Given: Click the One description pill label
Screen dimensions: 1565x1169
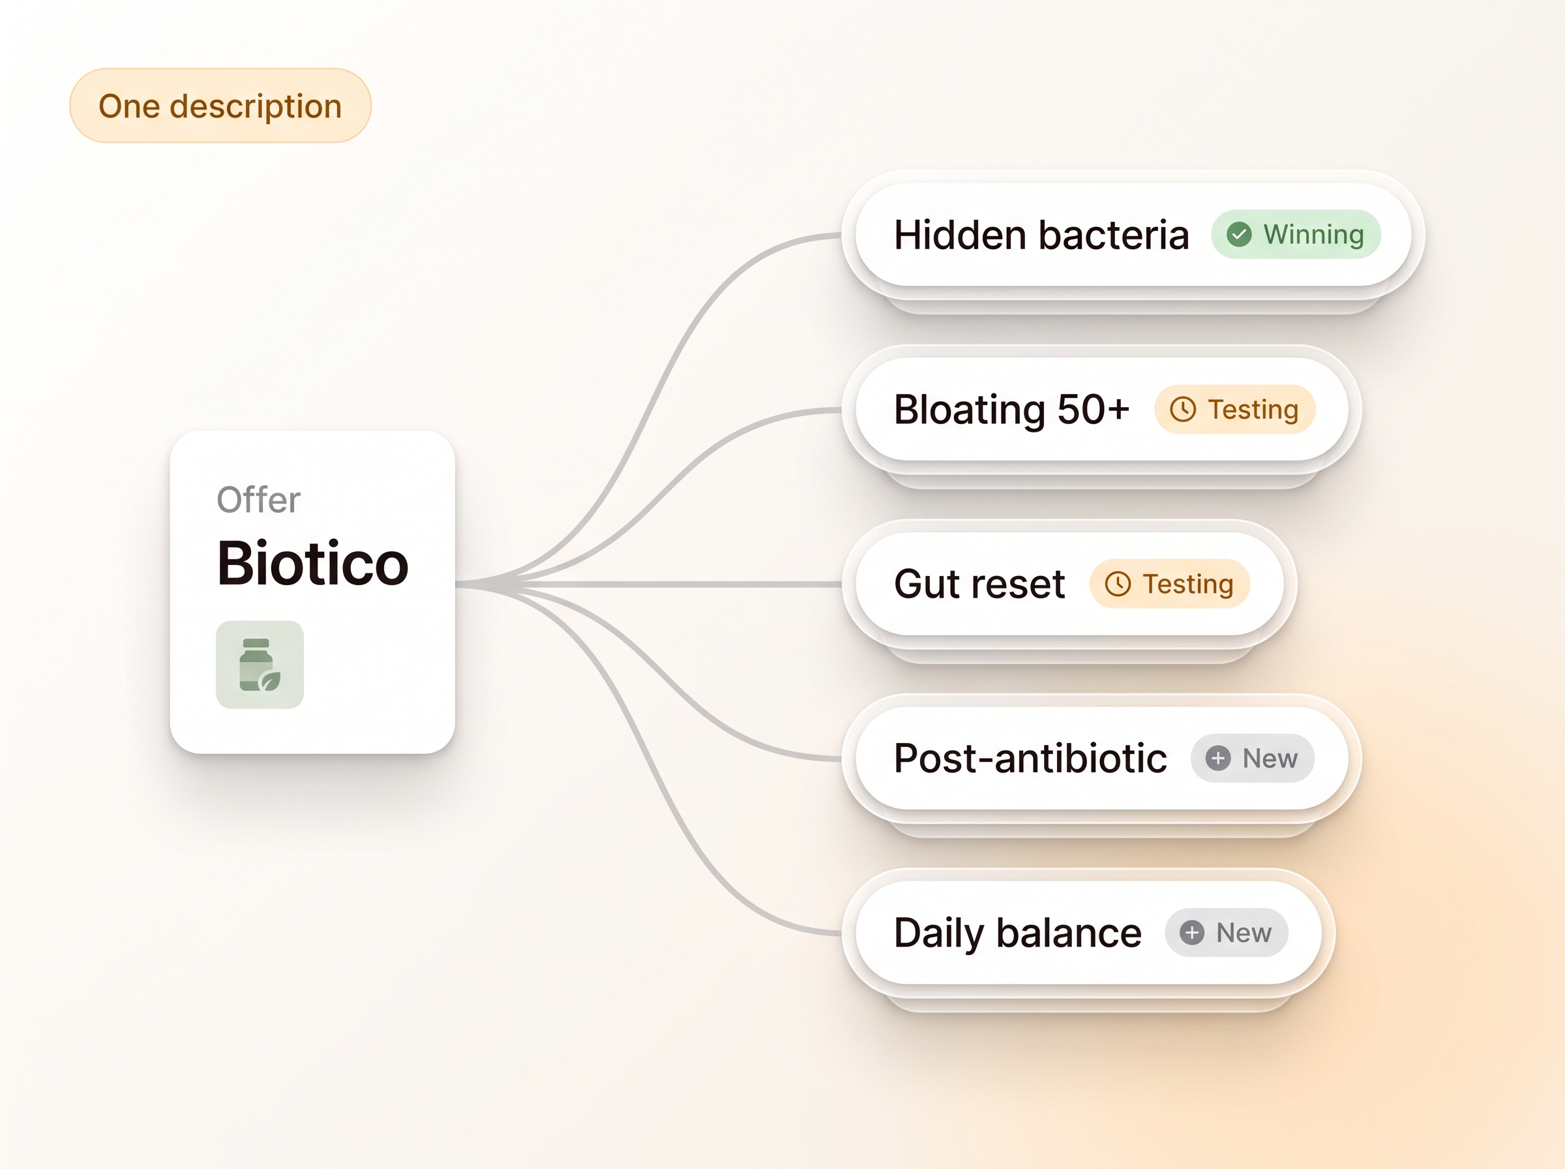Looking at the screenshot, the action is tap(220, 106).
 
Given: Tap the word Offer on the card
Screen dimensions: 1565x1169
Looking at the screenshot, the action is tap(258, 500).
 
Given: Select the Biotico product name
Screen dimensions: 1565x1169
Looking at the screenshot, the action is tap(312, 564).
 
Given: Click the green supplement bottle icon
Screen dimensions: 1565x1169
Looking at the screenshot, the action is tap(260, 665).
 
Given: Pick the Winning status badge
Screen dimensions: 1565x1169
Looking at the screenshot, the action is tap(1296, 234).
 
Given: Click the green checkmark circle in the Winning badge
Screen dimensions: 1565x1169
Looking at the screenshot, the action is tap(1239, 234).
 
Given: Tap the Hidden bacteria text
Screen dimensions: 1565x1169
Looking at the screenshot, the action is tap(1041, 235).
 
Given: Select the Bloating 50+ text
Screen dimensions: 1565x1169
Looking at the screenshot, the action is tap(1011, 410).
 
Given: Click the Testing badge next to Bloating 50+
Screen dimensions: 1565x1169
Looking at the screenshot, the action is tap(1235, 409).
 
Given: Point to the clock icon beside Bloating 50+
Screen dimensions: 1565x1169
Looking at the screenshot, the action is tap(1182, 409).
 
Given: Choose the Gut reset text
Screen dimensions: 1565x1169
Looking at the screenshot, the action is tap(979, 584).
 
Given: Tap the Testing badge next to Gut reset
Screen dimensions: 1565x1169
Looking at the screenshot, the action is tap(1170, 584).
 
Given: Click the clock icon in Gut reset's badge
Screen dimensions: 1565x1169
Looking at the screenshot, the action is tap(1118, 584).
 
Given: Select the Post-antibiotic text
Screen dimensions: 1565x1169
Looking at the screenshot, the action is tap(1030, 759).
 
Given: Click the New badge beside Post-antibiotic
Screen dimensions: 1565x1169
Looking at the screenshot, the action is tap(1253, 759).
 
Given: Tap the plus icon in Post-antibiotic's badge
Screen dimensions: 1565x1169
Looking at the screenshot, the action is tap(1218, 759).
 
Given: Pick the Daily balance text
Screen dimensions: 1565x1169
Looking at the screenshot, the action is tap(1018, 934).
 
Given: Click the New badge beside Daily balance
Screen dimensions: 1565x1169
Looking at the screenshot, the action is tap(1227, 933).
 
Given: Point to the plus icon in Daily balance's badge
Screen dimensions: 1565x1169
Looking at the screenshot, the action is tap(1191, 933).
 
